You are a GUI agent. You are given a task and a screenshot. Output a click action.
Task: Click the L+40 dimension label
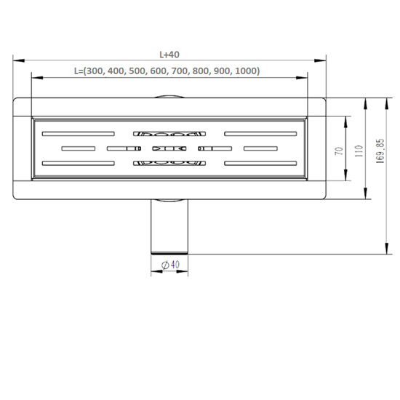click(169, 55)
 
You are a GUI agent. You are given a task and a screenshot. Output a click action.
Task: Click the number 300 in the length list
click(95, 71)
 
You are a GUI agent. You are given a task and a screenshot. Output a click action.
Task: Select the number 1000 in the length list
click(246, 71)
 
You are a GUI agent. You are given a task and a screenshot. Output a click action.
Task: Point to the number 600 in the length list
click(159, 71)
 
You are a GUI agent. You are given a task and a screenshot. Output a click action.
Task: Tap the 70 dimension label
click(339, 151)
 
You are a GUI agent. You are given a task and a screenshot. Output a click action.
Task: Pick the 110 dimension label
click(359, 151)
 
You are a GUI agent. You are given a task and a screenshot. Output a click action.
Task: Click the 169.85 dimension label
click(380, 151)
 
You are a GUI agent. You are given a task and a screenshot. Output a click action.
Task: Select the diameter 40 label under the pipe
click(171, 265)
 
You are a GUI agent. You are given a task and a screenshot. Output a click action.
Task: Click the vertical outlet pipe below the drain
click(169, 226)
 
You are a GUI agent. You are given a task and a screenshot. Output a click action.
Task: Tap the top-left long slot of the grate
click(79, 134)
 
